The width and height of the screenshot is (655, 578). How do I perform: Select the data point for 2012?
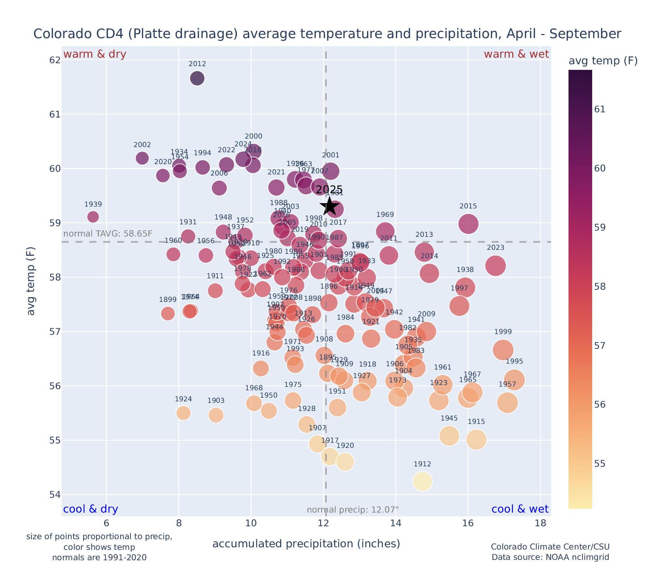pos(197,78)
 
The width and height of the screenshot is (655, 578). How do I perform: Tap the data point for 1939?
pos(93,217)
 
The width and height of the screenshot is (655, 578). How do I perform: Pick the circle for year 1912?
pos(422,482)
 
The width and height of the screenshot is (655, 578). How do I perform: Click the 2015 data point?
pos(468,224)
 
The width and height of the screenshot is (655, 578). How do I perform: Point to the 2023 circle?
pos(496,265)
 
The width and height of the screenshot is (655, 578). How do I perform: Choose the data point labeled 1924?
pos(183,413)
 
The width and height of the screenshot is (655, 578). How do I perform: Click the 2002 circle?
pos(142,158)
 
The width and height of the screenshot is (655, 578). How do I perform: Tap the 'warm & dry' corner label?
pos(95,54)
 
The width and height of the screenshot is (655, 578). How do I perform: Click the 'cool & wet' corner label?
pos(520,509)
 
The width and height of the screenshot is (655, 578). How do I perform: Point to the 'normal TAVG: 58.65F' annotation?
pos(108,234)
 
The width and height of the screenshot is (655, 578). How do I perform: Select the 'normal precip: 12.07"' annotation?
pos(353,510)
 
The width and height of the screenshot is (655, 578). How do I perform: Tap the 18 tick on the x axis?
pos(540,523)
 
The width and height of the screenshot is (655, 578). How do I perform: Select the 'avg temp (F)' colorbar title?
pos(603,61)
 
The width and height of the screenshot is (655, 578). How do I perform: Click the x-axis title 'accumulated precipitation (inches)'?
pos(306,544)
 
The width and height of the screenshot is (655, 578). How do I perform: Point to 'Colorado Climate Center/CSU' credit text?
pos(550,547)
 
